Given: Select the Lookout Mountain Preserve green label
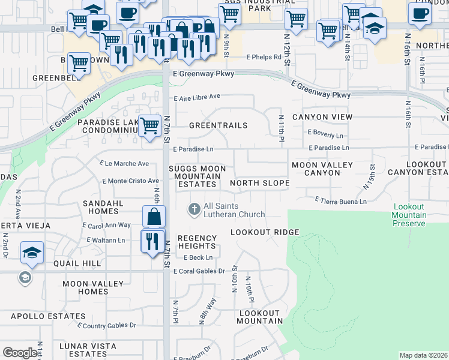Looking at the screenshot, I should (x=409, y=215).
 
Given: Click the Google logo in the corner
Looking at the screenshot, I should (x=20, y=353).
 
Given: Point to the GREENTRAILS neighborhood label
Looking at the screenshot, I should (x=218, y=125).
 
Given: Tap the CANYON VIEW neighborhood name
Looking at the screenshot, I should (x=322, y=117).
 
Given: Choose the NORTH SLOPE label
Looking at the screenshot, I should (x=259, y=183).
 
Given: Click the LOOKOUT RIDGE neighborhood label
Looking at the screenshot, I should (x=265, y=232).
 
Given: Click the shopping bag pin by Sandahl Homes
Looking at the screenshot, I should (x=154, y=217).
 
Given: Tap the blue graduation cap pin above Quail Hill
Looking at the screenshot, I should (x=31, y=253).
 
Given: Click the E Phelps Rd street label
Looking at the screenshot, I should (x=264, y=58).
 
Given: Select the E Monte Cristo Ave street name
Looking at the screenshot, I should (x=131, y=181).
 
